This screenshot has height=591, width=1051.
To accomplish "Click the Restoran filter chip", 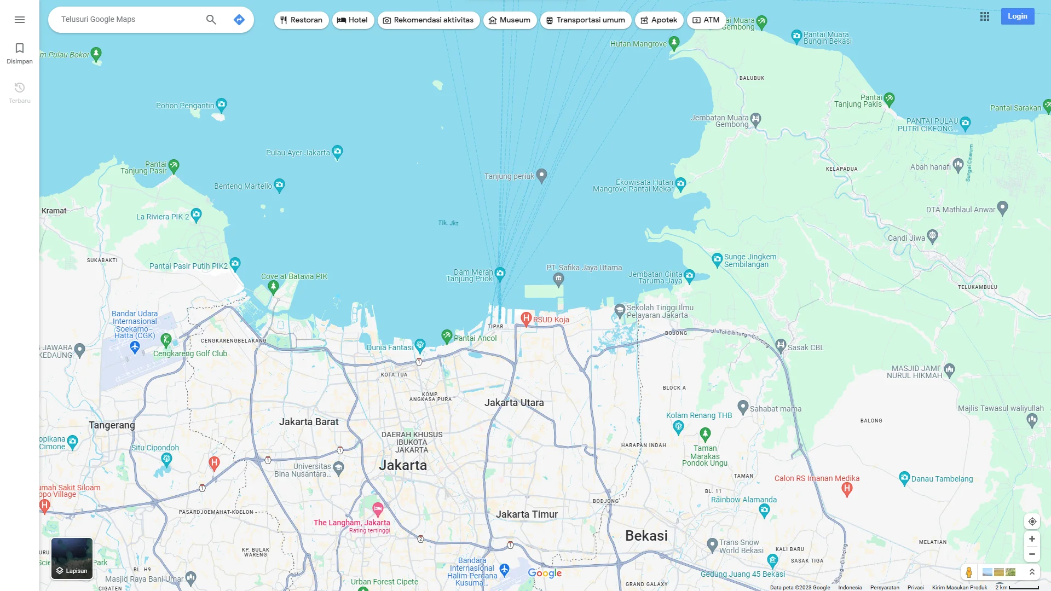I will tap(301, 20).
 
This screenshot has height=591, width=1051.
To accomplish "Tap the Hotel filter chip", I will tap(353, 20).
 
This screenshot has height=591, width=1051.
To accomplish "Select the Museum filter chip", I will tap(509, 20).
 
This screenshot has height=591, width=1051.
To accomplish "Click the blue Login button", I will tap(1017, 16).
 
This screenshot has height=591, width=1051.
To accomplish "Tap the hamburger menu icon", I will tap(20, 20).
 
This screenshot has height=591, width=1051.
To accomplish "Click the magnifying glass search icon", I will tap(211, 20).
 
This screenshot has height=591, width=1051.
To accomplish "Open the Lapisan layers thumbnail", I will tap(72, 558).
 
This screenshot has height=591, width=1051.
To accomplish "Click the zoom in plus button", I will tap(1032, 539).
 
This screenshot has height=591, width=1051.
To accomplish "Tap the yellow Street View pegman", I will tap(969, 572).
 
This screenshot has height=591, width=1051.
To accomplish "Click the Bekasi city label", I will tap(646, 536).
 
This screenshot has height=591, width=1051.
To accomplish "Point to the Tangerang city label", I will tap(112, 425).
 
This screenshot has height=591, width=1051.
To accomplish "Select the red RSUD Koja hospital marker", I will tap(526, 318).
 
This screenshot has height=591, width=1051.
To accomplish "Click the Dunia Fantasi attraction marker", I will tap(420, 345).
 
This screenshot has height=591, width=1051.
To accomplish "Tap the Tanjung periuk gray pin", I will tap(541, 175).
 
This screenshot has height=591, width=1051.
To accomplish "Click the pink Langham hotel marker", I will tap(378, 509).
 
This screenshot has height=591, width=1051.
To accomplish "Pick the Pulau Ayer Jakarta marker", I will tap(338, 151).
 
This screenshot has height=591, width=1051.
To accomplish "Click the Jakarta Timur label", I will tap(527, 514).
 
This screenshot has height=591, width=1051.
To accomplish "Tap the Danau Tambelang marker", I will tap(904, 478).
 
